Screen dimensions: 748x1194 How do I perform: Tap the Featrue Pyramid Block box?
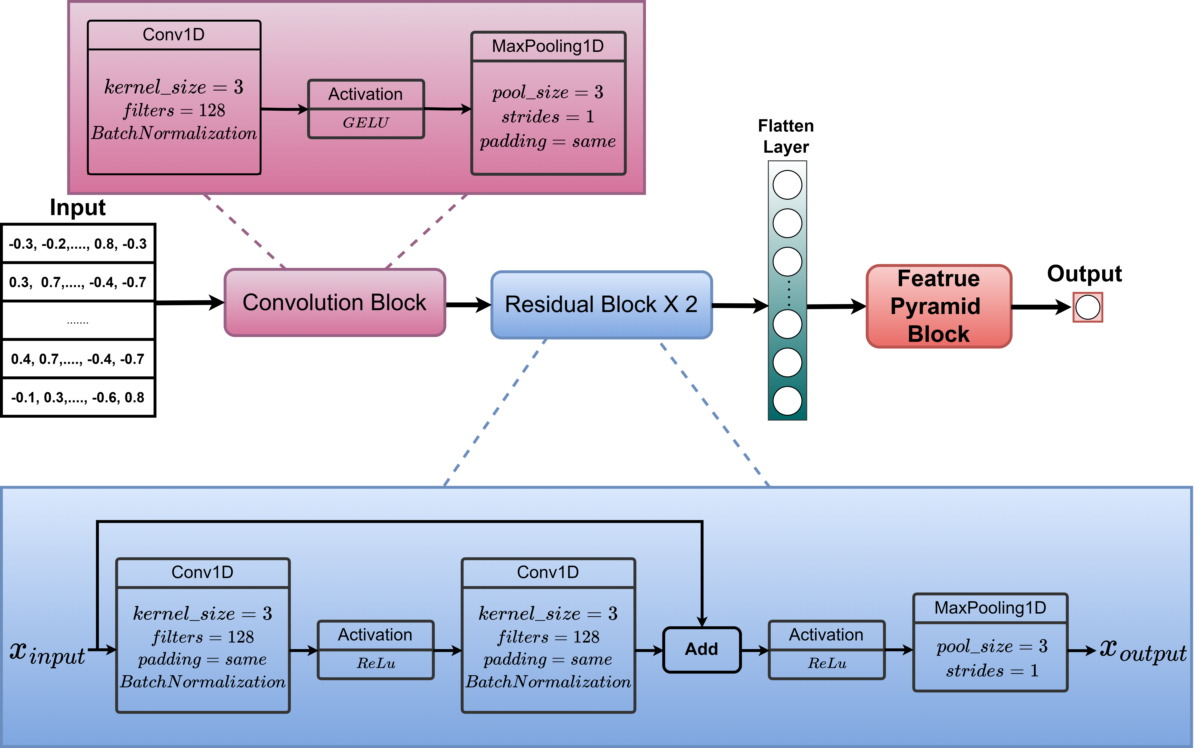(938, 306)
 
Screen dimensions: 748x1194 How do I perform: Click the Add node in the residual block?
(702, 649)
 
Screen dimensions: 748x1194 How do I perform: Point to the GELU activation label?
(366, 123)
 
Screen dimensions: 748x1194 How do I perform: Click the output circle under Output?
(1087, 307)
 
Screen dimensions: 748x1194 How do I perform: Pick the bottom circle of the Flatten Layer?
(787, 401)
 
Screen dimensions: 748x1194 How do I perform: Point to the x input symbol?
(47, 653)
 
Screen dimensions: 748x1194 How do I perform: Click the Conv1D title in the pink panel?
(173, 35)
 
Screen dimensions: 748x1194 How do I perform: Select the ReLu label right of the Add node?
(827, 663)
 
